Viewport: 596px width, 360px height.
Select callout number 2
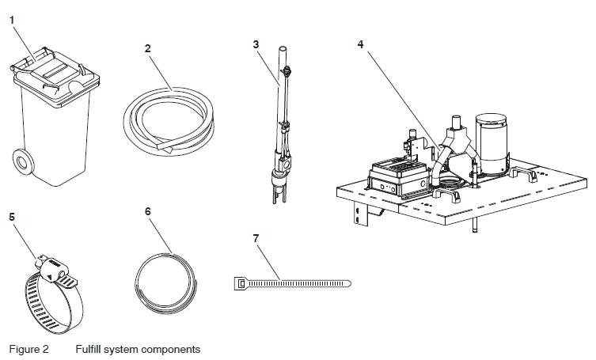click(x=148, y=48)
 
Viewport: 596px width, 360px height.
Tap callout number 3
click(x=256, y=44)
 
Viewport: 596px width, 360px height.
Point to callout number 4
click(x=361, y=44)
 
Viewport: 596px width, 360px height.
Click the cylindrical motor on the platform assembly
click(x=491, y=142)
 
